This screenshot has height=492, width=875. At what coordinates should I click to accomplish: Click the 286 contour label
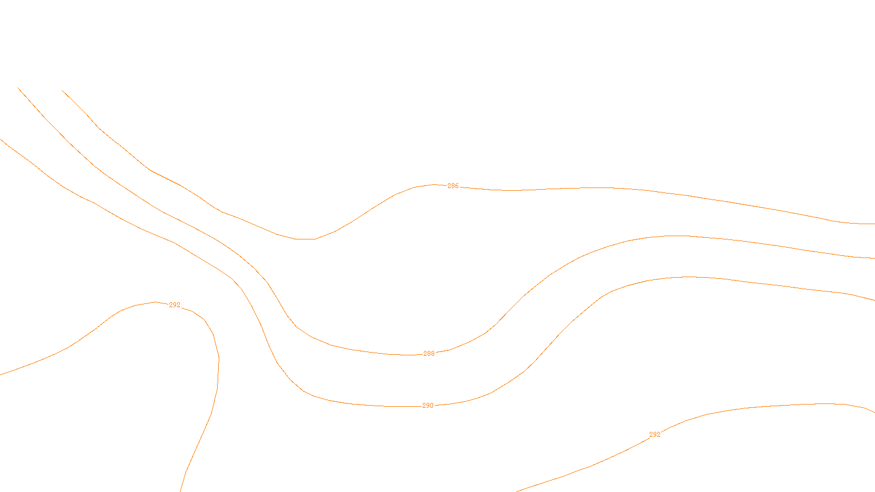point(453,186)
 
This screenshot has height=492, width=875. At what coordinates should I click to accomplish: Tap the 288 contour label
point(429,354)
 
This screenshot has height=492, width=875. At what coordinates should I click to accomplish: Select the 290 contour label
point(428,406)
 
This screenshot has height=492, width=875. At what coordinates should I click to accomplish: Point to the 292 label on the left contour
point(174,305)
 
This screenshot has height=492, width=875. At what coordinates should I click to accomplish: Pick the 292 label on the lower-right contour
point(655,435)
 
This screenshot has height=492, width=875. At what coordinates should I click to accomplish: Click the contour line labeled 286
point(602,188)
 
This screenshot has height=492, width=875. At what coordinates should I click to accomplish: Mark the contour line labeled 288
point(547,276)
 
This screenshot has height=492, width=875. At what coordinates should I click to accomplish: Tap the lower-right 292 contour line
point(766,406)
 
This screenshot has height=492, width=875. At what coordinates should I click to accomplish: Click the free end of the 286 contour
point(62,90)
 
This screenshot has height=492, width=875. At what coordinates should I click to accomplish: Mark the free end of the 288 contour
point(18,87)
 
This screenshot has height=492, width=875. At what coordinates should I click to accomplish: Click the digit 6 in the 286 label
point(457,186)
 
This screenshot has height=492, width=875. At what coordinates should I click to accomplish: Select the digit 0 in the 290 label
point(431,406)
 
